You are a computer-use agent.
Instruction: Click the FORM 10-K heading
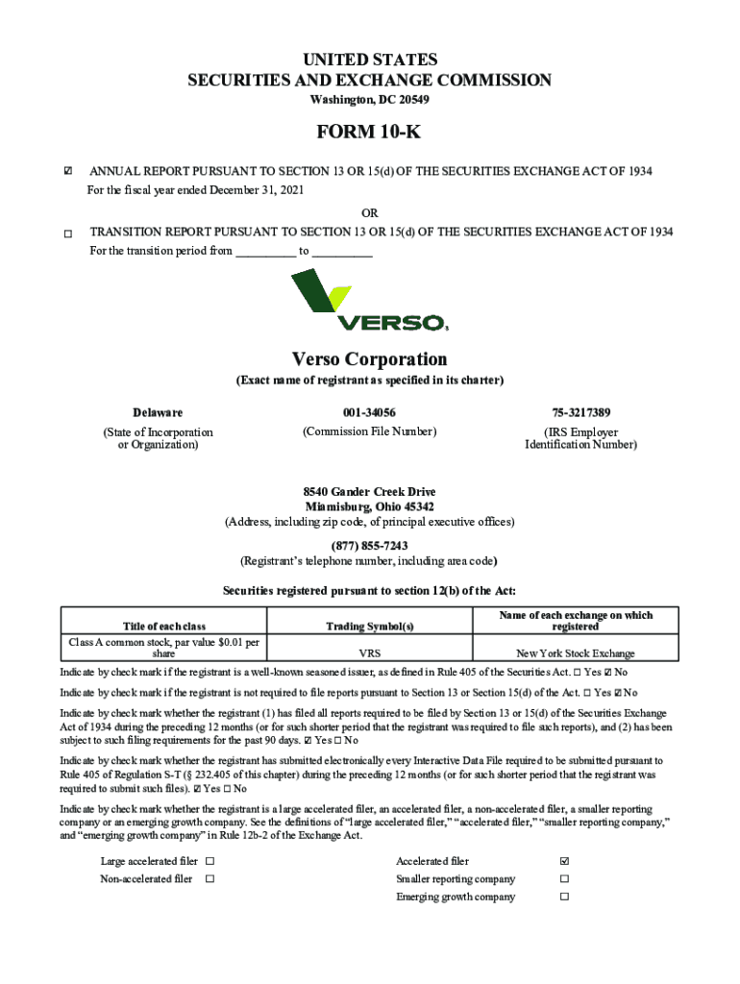pyautogui.click(x=369, y=132)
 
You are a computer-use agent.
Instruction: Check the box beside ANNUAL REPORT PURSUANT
pyautogui.click(x=67, y=172)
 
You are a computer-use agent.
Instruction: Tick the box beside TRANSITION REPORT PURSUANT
pyautogui.click(x=67, y=234)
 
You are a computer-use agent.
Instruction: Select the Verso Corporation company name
pyautogui.click(x=369, y=359)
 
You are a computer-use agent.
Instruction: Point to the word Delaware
pyautogui.click(x=158, y=412)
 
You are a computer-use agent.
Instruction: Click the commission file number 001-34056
pyautogui.click(x=369, y=412)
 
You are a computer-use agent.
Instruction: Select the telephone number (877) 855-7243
pyautogui.click(x=369, y=546)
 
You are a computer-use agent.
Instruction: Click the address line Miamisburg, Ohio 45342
pyautogui.click(x=369, y=506)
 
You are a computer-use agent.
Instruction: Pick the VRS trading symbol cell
pyautogui.click(x=369, y=653)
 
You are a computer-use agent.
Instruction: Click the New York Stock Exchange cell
pyautogui.click(x=575, y=653)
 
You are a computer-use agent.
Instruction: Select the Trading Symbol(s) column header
pyautogui.click(x=369, y=627)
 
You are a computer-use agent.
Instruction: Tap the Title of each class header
pyautogui.click(x=163, y=627)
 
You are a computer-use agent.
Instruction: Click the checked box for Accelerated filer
pyautogui.click(x=565, y=862)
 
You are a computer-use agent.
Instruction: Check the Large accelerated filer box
pyautogui.click(x=210, y=862)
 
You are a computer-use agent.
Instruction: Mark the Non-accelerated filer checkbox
pyautogui.click(x=210, y=879)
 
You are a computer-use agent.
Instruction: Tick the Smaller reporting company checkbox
pyautogui.click(x=565, y=879)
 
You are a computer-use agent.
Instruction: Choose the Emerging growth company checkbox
pyautogui.click(x=565, y=898)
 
